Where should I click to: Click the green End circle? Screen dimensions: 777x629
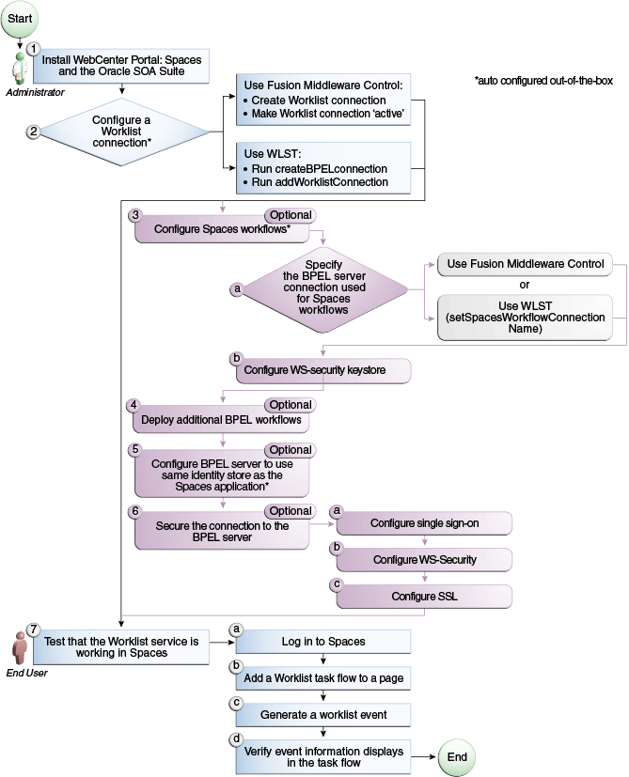(x=455, y=757)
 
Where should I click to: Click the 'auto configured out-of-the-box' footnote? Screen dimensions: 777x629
(x=543, y=81)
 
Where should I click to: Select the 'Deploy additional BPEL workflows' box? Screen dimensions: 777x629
(x=225, y=418)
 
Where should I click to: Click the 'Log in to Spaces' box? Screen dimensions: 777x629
(x=322, y=641)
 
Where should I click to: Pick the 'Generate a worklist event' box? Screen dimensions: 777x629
(x=322, y=715)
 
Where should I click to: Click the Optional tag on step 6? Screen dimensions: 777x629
(x=290, y=511)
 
